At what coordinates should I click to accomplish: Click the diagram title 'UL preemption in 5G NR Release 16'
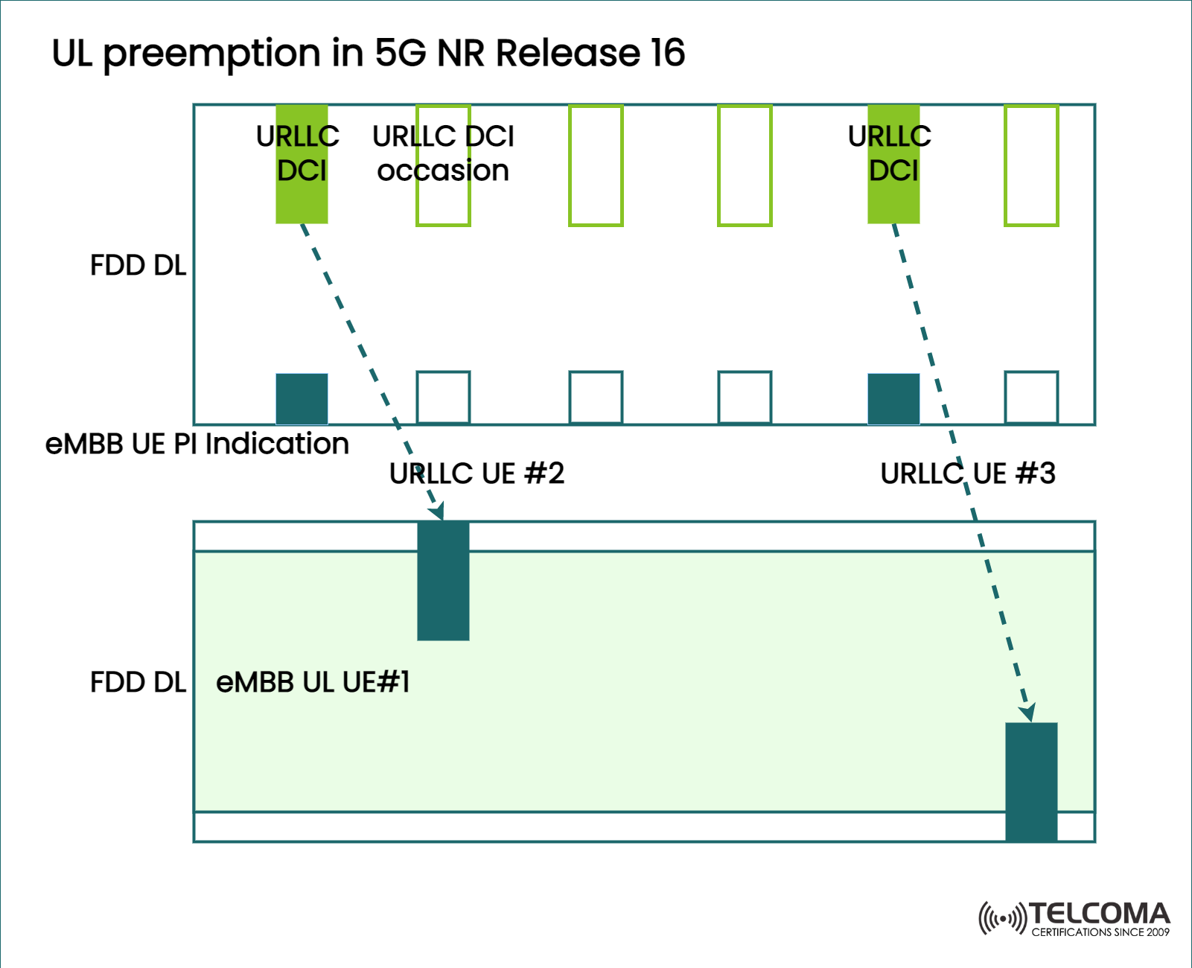click(368, 54)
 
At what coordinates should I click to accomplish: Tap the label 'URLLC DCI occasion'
click(443, 153)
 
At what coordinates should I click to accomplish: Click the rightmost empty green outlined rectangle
click(1031, 165)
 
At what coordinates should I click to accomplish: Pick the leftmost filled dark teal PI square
click(302, 399)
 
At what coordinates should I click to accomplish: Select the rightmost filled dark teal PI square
click(893, 399)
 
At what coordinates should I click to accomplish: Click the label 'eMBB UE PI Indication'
click(197, 444)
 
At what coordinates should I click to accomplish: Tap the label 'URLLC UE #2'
click(477, 474)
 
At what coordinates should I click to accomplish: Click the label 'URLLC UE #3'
click(968, 474)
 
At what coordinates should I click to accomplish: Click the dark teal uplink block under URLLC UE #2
click(443, 581)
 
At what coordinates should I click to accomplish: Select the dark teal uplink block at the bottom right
click(1031, 782)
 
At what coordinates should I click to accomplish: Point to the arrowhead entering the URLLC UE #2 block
click(438, 512)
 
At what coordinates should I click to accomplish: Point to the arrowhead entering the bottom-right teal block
click(1028, 713)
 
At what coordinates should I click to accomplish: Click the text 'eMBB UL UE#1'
click(313, 682)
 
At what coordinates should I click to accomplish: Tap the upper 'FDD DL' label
click(138, 266)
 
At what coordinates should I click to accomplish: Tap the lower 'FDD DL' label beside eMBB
click(138, 682)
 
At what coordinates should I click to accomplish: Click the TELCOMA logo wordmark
click(1100, 914)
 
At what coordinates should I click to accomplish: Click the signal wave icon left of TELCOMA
click(1002, 918)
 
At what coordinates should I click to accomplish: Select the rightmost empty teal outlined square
click(1031, 398)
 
